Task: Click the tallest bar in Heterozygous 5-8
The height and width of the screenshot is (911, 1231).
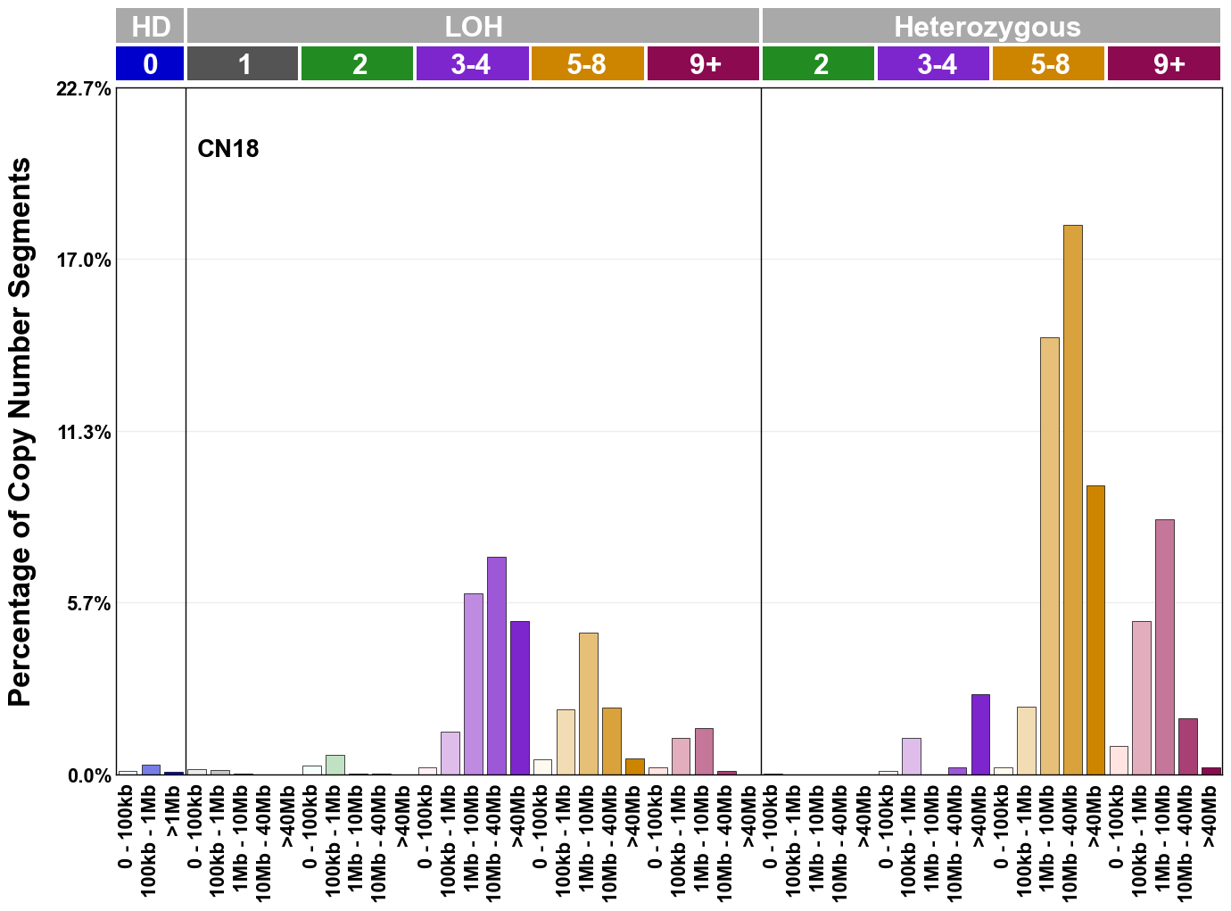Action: (1072, 500)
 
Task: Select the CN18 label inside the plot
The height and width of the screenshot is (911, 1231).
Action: (227, 148)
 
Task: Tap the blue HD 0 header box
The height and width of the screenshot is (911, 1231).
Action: (150, 64)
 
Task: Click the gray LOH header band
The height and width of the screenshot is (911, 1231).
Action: (473, 26)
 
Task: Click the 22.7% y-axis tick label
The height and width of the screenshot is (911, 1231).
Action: (84, 89)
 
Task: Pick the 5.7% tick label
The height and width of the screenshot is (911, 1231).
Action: (88, 604)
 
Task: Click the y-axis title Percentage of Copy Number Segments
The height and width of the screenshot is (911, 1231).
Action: (20, 432)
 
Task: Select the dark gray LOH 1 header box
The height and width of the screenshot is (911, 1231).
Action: (243, 64)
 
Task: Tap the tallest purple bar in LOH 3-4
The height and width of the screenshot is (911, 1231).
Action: (496, 666)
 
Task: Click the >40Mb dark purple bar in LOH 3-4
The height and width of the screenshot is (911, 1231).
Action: (519, 698)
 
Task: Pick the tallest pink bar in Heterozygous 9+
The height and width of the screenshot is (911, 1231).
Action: (1164, 647)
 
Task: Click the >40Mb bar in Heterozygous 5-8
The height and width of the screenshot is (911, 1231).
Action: (1095, 630)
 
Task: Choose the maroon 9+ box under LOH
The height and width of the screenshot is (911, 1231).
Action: (703, 64)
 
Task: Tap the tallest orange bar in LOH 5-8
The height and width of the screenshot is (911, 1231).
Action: (588, 703)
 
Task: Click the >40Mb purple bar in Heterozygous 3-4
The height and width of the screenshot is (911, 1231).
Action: (980, 734)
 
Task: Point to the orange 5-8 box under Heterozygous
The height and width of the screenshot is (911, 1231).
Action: (1048, 64)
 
